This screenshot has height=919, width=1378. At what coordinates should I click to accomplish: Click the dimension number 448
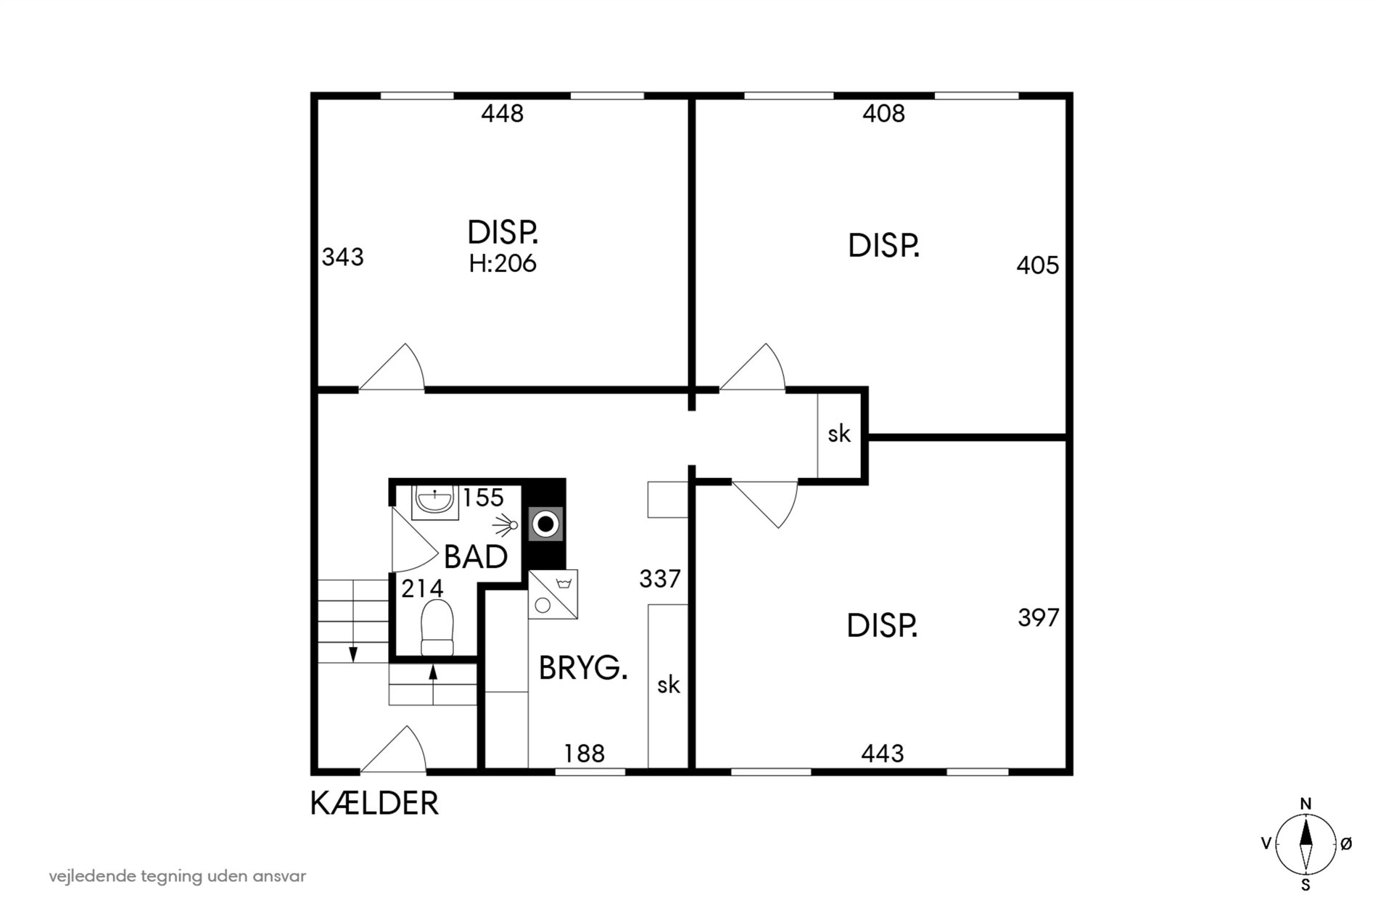[502, 114]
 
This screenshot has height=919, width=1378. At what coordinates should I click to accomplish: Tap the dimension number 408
[883, 114]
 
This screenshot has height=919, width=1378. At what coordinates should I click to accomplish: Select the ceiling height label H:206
[503, 263]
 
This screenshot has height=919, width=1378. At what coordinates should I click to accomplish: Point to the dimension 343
[342, 257]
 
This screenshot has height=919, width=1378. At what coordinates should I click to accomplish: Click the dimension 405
[1038, 265]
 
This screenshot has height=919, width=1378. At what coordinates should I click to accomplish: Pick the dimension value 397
[1039, 618]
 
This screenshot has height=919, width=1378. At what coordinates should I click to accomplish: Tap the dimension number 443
[883, 754]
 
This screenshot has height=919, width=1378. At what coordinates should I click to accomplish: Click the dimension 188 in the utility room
[585, 754]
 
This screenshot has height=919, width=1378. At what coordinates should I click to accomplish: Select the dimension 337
[660, 579]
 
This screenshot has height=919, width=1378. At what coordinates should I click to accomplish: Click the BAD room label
[476, 557]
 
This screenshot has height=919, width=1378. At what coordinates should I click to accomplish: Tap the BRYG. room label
[583, 668]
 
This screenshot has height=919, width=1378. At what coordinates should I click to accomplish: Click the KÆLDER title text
[375, 804]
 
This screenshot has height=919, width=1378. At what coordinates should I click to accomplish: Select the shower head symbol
[506, 524]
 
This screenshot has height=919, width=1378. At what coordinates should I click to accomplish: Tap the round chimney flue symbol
[545, 524]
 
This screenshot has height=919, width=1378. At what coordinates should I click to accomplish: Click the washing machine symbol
[553, 594]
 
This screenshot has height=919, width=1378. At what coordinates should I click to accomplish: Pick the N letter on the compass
[1305, 804]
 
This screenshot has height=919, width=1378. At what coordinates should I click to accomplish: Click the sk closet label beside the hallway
[839, 434]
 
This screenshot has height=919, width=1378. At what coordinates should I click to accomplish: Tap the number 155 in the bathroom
[483, 498]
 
